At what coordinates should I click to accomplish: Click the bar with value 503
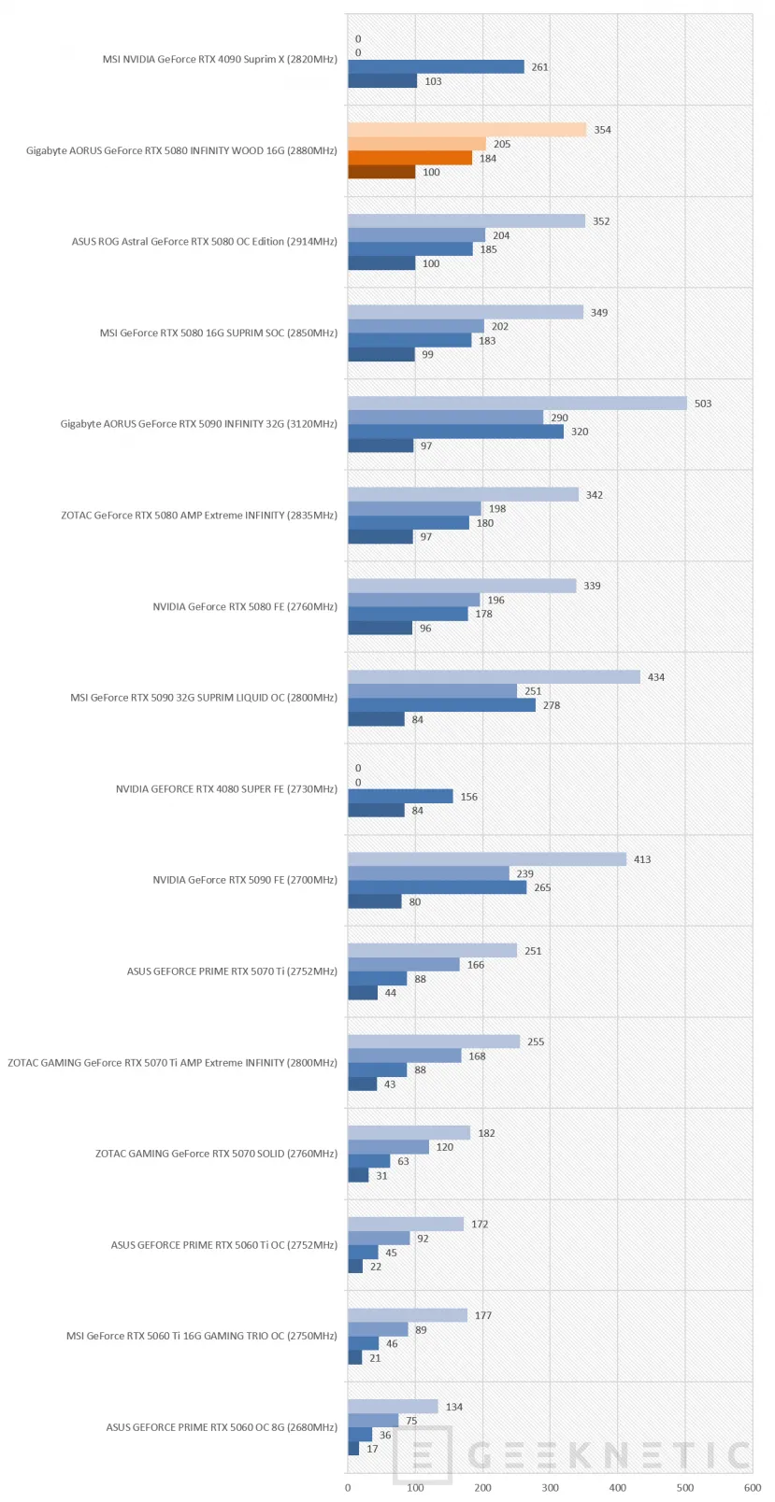point(517,403)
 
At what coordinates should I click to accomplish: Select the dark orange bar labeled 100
point(381,172)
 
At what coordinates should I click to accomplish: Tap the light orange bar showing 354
point(467,130)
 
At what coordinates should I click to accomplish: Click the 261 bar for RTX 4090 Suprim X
point(437,66)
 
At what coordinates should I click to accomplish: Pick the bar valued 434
point(494,676)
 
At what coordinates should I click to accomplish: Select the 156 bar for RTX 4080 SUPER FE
point(400,796)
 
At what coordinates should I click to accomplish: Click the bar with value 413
point(487,859)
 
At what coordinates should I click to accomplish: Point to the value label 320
point(580,432)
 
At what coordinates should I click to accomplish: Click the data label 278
point(552,705)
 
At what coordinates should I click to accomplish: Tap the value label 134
point(454,1407)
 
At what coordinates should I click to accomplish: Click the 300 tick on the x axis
point(551,1487)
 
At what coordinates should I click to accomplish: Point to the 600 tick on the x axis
point(753,1487)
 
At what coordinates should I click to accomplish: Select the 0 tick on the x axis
point(348,1487)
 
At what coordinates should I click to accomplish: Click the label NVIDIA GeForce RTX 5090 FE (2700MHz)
point(245,880)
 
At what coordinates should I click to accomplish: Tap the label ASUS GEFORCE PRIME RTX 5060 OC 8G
point(195,1427)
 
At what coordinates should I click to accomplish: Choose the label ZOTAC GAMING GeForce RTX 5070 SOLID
point(190,1154)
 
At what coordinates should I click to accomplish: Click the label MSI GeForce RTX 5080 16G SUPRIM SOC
point(192,333)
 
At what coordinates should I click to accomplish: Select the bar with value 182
point(409,1132)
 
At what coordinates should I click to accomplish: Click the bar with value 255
point(434,1041)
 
